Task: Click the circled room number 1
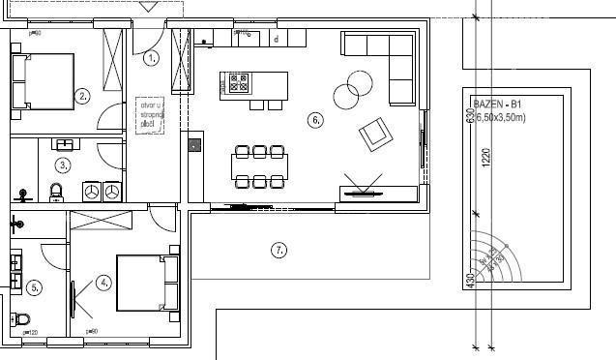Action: pos(151,58)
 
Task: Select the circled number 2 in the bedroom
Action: pos(83,96)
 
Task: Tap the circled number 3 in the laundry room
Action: pos(62,165)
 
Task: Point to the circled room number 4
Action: pos(104,283)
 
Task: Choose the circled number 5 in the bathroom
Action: pos(34,286)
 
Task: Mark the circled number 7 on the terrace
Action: pos(279,251)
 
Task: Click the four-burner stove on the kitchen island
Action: pos(238,83)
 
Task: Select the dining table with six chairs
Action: pos(259,166)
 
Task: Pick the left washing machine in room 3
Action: pos(92,191)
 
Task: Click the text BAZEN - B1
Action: pos(498,104)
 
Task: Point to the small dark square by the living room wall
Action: pos(194,146)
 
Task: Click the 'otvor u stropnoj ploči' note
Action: pos(148,112)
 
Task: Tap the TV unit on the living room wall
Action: pos(365,192)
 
